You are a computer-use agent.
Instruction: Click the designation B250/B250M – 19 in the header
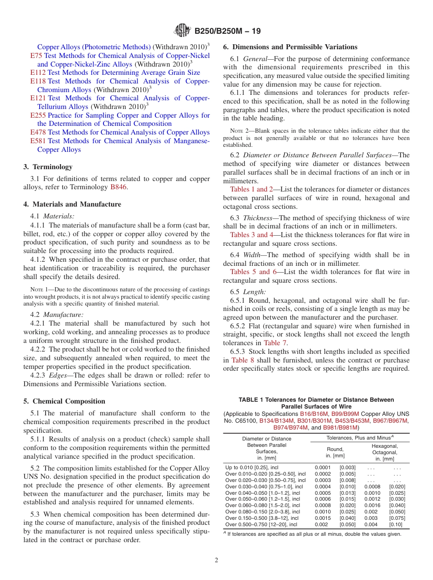coord(227,31)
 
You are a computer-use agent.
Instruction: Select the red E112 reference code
coord(38,72)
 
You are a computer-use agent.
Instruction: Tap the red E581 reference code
coord(38,141)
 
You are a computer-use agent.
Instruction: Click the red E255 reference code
coord(38,115)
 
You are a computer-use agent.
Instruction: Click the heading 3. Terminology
coord(48,167)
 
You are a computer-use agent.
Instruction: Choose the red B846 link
coord(118,187)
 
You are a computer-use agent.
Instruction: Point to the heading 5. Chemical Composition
coord(64,401)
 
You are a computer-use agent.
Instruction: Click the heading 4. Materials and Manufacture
coord(72,204)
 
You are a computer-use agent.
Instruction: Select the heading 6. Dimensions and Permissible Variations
coord(290,47)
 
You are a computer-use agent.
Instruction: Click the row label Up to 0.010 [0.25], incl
coord(252,467)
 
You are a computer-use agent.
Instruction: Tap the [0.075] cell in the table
coord(396,518)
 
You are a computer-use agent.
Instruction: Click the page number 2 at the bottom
coord(216,560)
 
